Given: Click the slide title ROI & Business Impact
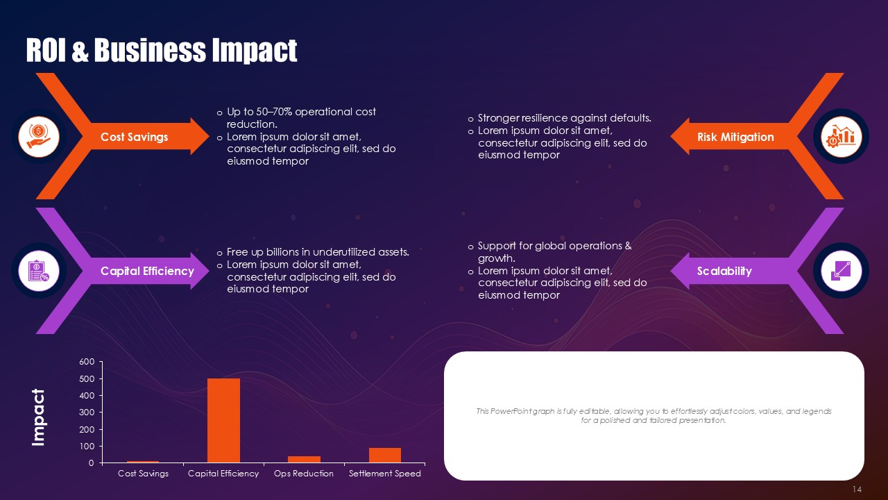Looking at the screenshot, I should (x=162, y=51).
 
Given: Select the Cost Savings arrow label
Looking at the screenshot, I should (x=134, y=137).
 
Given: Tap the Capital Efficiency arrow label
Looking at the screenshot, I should (x=147, y=271).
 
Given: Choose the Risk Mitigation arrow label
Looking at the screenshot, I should (x=735, y=137).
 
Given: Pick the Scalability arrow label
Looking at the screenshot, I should (x=724, y=271).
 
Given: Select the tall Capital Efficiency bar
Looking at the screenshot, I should (x=223, y=420).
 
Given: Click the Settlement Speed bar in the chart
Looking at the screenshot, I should (x=384, y=455).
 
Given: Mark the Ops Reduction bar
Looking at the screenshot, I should (x=304, y=459).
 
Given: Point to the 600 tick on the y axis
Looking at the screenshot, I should (x=87, y=362).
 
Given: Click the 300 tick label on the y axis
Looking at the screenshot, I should (x=87, y=412).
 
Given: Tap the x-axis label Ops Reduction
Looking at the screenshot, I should (x=304, y=474).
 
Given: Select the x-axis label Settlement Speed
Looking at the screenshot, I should (x=384, y=474).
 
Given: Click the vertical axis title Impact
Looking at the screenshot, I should (x=38, y=417).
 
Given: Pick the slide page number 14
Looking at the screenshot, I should (x=857, y=490).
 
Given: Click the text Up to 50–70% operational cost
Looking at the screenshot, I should (x=301, y=112).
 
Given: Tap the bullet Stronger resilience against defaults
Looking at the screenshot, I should (x=564, y=118).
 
